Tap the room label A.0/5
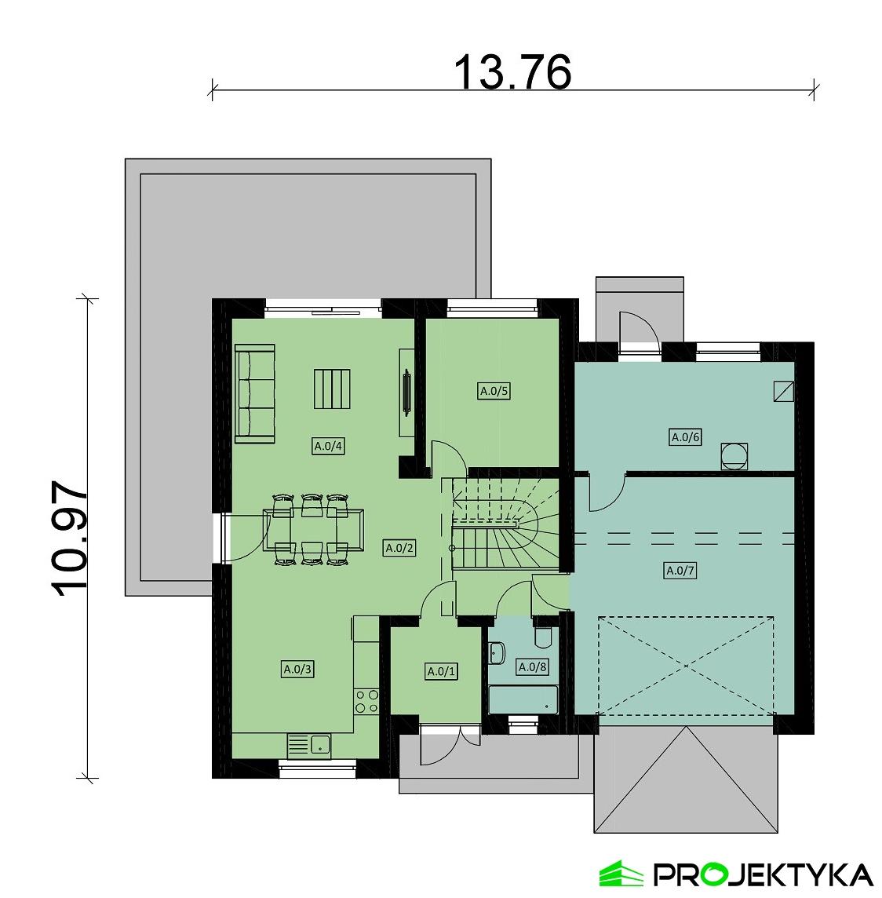[x=494, y=391]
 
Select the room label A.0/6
[x=684, y=437]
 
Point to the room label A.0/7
[x=680, y=571]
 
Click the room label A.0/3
[x=297, y=670]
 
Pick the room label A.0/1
[x=440, y=671]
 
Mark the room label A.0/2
[x=399, y=549]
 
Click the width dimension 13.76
[x=512, y=73]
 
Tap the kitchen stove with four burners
[x=366, y=700]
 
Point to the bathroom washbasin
[x=497, y=652]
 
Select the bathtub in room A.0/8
[x=523, y=699]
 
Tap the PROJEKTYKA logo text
[x=762, y=874]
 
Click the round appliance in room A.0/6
[x=734, y=456]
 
